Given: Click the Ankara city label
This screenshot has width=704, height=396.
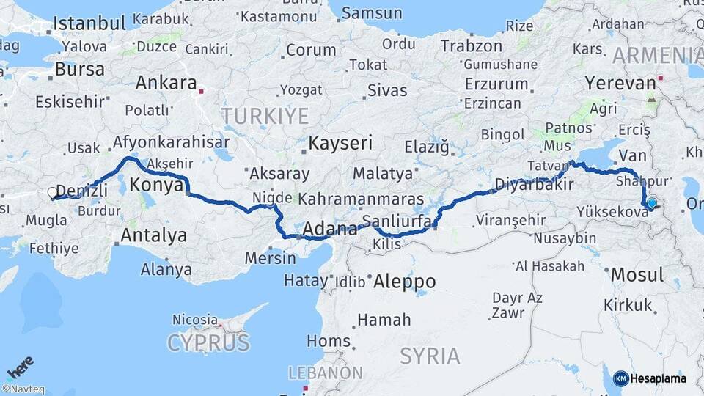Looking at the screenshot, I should click(166, 82).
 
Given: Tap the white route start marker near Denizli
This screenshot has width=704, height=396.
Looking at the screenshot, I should click(52, 193).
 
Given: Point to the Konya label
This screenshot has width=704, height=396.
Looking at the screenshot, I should click(155, 186).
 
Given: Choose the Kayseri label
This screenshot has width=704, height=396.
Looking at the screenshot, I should click(340, 142).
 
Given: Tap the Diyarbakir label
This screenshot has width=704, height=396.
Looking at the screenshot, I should click(534, 184).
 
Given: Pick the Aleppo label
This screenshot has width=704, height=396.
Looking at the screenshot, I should click(404, 281).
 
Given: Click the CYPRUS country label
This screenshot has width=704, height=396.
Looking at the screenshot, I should click(208, 342).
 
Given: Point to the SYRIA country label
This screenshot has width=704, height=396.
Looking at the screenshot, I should click(430, 356).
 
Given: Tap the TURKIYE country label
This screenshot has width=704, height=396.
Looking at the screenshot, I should click(265, 115).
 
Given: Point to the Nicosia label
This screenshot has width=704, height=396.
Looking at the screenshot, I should click(194, 320).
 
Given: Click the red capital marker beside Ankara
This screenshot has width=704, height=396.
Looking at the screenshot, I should click(203, 92).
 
